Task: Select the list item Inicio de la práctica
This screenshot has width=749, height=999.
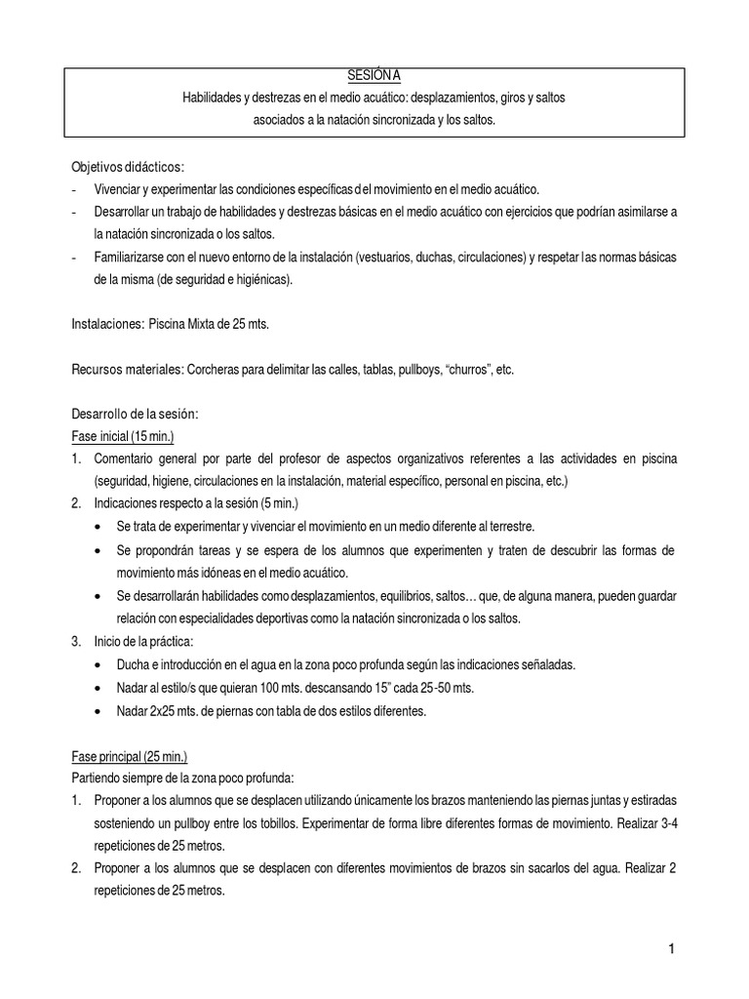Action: (x=143, y=642)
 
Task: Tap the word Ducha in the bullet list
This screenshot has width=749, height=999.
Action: (x=134, y=664)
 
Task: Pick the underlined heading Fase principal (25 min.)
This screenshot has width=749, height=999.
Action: (x=130, y=756)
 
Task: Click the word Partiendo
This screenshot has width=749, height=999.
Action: (x=99, y=778)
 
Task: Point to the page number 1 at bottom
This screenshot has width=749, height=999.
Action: (x=672, y=948)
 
